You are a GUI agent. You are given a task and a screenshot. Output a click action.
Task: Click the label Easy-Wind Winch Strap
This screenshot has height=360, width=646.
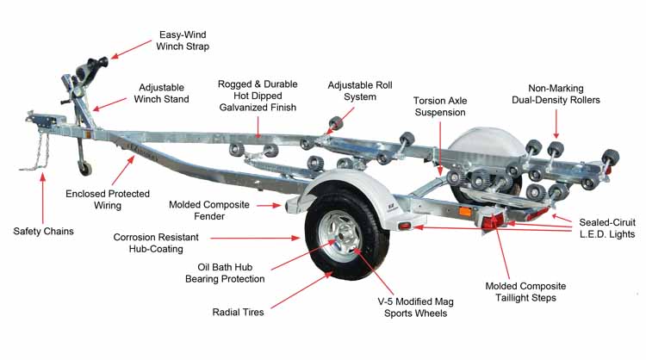tap(183, 40)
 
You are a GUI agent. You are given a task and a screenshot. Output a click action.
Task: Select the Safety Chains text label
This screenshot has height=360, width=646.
tap(43, 231)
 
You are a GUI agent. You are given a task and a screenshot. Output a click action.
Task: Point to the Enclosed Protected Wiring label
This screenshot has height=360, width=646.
tap(108, 200)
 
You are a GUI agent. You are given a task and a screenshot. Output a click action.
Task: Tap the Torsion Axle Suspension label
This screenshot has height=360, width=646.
tap(439, 107)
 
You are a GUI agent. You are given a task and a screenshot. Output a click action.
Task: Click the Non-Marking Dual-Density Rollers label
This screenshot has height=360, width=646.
tap(563, 94)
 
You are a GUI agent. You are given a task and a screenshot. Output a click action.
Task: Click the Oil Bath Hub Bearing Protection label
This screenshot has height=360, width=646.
tap(225, 272)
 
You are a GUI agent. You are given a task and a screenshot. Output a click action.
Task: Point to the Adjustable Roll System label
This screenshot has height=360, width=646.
tap(351, 90)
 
